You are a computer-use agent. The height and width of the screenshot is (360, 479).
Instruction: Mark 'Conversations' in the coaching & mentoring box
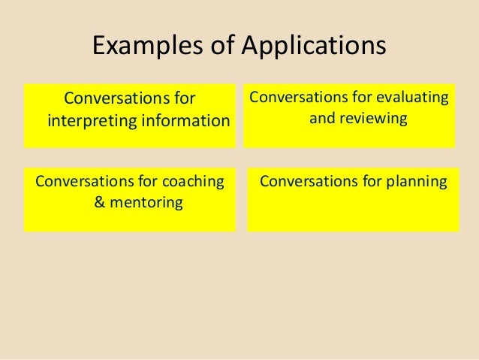pyautogui.click(x=83, y=181)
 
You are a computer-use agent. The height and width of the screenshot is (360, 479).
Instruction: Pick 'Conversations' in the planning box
pyautogui.click(x=306, y=181)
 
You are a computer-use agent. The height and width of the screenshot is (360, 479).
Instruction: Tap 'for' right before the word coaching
pyautogui.click(x=145, y=181)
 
